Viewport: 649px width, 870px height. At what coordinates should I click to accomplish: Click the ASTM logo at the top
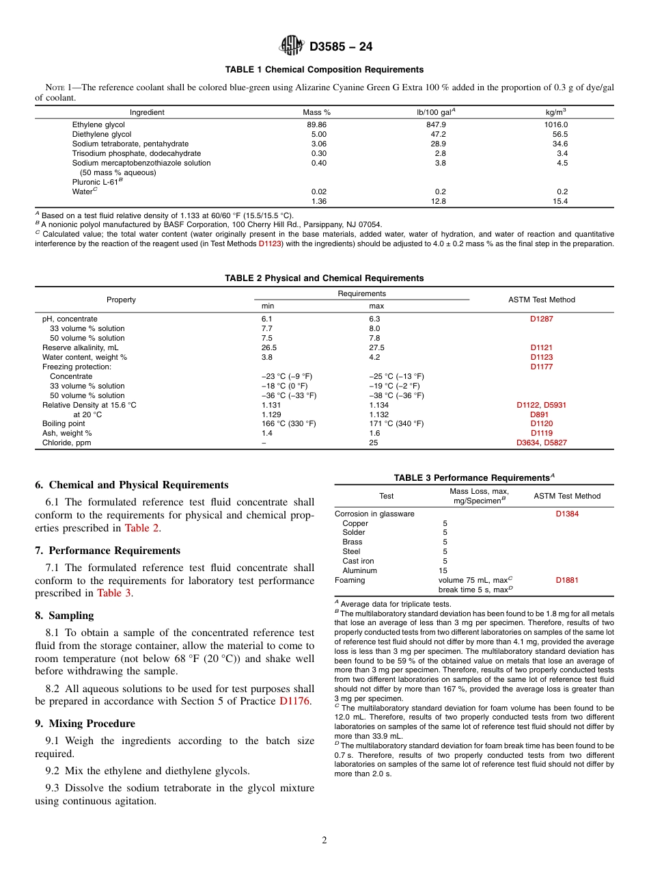click(292, 46)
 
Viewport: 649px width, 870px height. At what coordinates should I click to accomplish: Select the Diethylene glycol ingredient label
click(102, 135)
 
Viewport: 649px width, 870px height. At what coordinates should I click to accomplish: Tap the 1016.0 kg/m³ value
click(556, 125)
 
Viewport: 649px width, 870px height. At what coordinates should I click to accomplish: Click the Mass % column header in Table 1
click(316, 112)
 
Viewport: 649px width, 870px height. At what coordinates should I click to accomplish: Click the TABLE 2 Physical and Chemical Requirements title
click(324, 278)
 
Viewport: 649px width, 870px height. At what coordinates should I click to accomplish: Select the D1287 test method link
click(542, 319)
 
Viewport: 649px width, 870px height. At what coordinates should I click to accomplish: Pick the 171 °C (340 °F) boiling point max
click(396, 423)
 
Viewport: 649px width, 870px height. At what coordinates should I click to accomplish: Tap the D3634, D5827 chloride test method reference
click(542, 443)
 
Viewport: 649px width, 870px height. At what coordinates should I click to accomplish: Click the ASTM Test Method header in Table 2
click(542, 300)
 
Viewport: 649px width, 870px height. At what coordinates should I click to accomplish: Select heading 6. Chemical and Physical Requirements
click(132, 485)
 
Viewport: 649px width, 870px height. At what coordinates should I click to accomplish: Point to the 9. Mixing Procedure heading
click(85, 724)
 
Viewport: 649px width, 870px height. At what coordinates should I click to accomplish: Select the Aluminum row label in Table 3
click(359, 570)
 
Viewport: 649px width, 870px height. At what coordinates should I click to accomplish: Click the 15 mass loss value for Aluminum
click(443, 570)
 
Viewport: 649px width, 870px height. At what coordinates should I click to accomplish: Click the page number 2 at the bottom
click(324, 841)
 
